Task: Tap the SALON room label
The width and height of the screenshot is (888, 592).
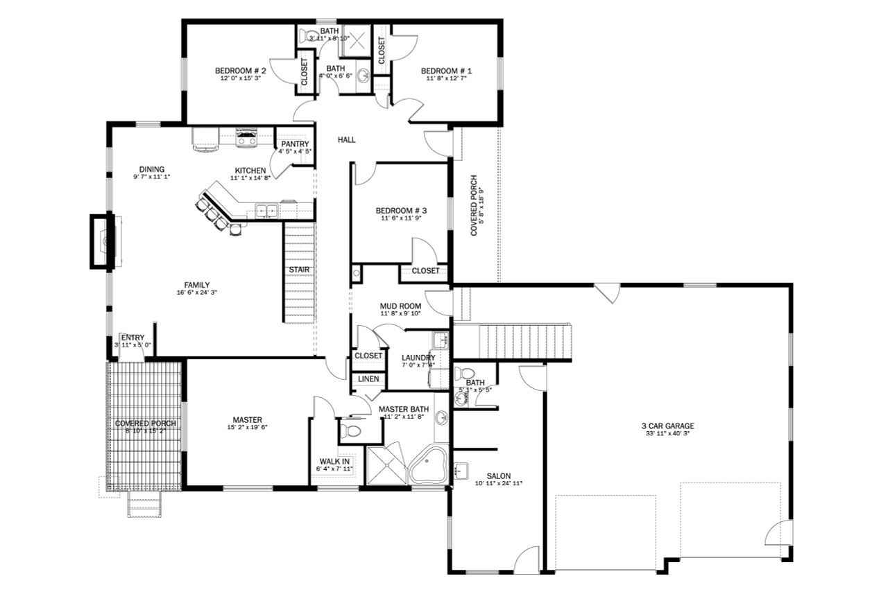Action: (498, 476)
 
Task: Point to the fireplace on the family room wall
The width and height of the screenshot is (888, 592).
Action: (101, 241)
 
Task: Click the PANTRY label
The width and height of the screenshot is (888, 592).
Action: (295, 144)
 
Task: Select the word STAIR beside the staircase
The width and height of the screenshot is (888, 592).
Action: (300, 270)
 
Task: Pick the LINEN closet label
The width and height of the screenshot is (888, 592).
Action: (368, 379)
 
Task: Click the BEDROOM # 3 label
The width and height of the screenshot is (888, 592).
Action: (401, 211)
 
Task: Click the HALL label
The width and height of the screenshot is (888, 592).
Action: (346, 140)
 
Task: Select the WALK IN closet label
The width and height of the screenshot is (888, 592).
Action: (334, 461)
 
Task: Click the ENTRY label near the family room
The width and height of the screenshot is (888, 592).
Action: (133, 338)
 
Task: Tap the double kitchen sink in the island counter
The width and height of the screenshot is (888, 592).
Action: (266, 209)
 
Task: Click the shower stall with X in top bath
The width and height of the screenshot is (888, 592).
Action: (358, 39)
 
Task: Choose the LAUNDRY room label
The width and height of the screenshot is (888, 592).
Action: (418, 358)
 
